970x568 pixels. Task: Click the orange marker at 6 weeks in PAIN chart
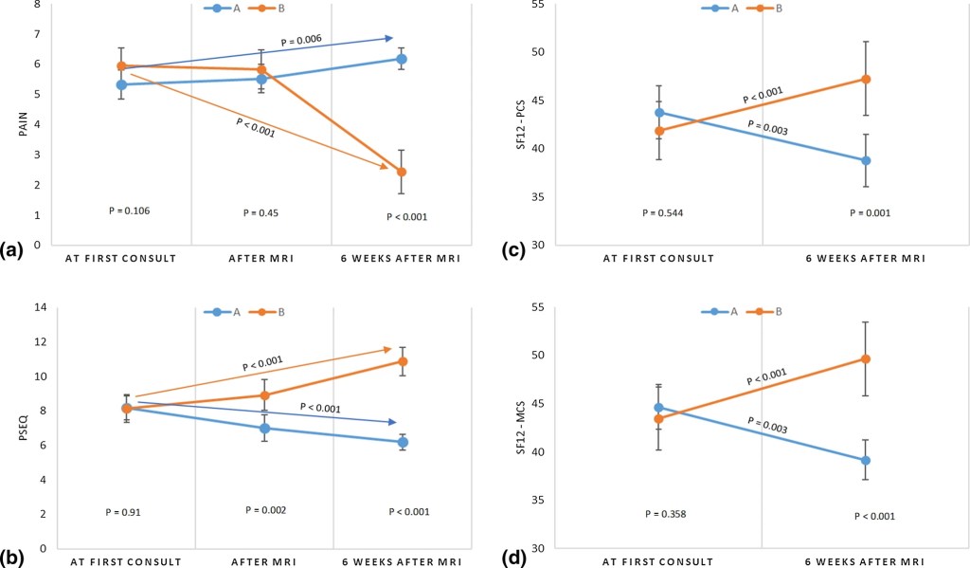point(402,172)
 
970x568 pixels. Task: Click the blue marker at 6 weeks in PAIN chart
point(402,59)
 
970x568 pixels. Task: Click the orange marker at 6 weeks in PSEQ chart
point(403,361)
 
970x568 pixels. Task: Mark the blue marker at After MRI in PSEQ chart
point(265,428)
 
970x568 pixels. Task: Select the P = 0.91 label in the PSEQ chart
point(123,512)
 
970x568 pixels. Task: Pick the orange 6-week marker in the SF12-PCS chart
point(865,79)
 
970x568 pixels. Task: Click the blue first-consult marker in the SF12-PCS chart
point(658,112)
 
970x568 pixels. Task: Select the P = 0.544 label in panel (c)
point(663,212)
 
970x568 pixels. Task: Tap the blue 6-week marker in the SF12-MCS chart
point(865,460)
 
